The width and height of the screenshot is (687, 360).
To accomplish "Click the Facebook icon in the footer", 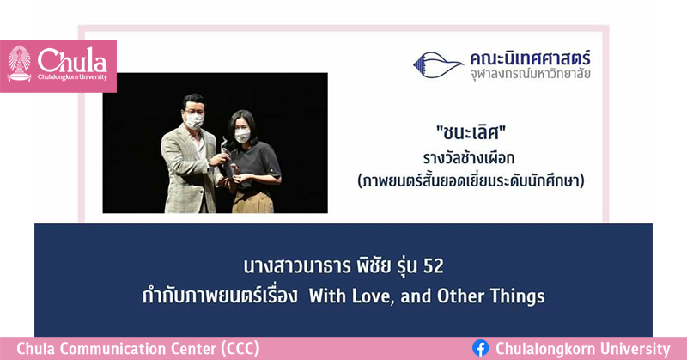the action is tap(481, 349).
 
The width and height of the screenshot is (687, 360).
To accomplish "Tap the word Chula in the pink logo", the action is tap(72, 60).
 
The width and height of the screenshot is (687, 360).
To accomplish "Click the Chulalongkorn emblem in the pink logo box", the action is tap(19, 64).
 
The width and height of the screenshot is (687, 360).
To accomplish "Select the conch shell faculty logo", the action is tap(438, 65).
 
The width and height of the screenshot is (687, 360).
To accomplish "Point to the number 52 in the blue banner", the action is tap(434, 266).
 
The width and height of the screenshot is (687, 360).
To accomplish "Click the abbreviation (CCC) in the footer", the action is tap(240, 349).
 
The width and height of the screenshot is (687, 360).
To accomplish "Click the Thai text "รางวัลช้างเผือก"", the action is tap(469, 157).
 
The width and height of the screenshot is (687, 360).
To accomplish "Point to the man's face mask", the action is tap(195, 121).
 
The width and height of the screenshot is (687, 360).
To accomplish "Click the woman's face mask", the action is tap(242, 136).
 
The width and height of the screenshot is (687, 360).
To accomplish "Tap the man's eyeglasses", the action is tap(194, 113).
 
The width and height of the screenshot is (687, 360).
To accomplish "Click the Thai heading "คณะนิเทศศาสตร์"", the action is tap(530, 58).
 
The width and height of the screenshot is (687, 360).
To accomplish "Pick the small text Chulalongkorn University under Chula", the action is tap(72, 77).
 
